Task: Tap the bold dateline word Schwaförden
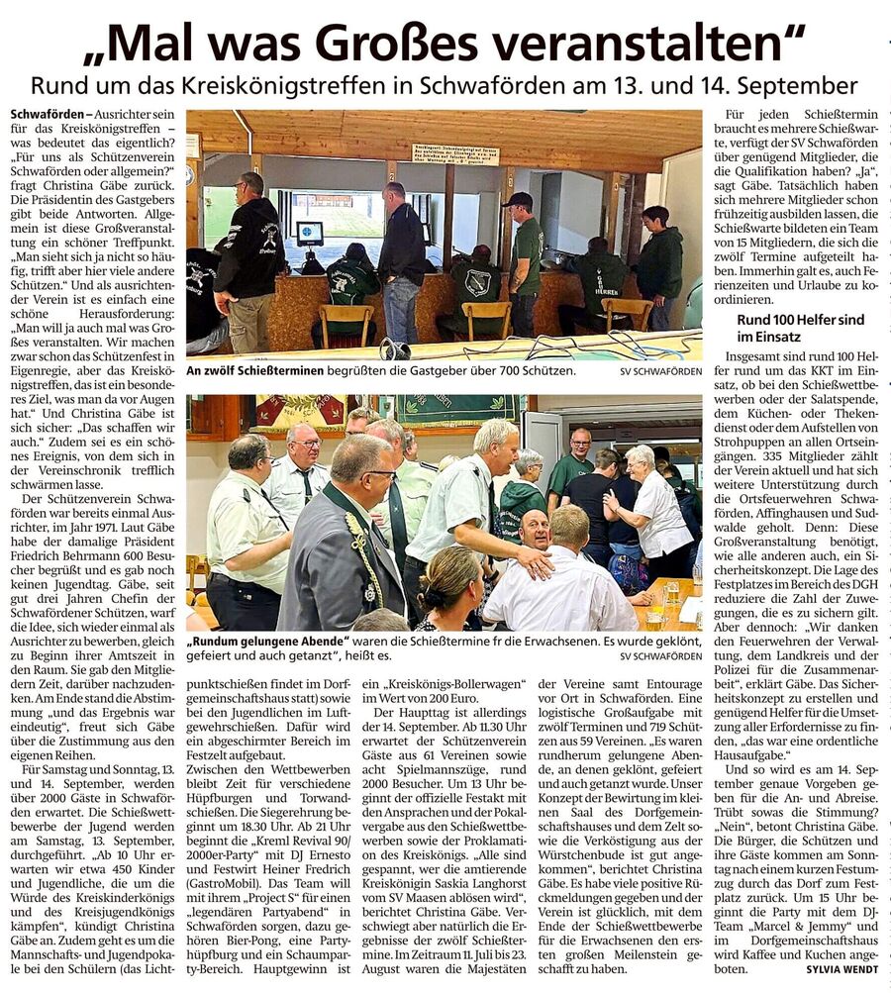point(46,115)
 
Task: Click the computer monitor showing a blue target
point(309,234)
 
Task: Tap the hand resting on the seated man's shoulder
point(535,563)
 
